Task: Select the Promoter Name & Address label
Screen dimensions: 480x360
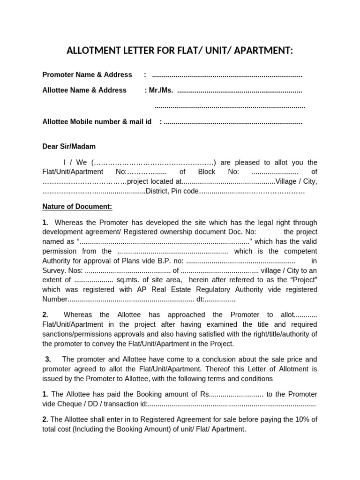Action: (x=87, y=75)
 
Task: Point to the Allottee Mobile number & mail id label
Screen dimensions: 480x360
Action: (x=97, y=121)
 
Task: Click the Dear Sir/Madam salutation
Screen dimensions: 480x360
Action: (x=68, y=146)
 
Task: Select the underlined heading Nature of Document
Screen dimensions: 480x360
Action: (x=77, y=206)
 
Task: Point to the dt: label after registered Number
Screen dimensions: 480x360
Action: (x=201, y=299)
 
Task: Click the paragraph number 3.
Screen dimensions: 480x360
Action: (x=48, y=359)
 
